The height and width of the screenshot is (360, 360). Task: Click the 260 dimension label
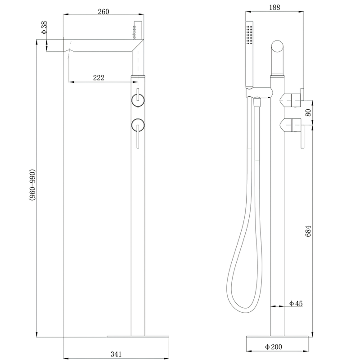pyautogui.click(x=103, y=12)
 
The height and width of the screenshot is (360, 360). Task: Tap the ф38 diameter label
pyautogui.click(x=44, y=27)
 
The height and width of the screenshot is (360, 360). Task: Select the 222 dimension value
pyautogui.click(x=99, y=77)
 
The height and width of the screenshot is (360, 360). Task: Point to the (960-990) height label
pyautogui.click(x=32, y=185)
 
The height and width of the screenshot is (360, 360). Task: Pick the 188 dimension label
pyautogui.click(x=274, y=8)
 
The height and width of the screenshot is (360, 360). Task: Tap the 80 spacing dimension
pyautogui.click(x=308, y=112)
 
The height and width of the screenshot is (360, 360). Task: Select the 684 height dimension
pyautogui.click(x=308, y=231)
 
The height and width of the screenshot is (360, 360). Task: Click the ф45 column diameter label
pyautogui.click(x=296, y=303)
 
